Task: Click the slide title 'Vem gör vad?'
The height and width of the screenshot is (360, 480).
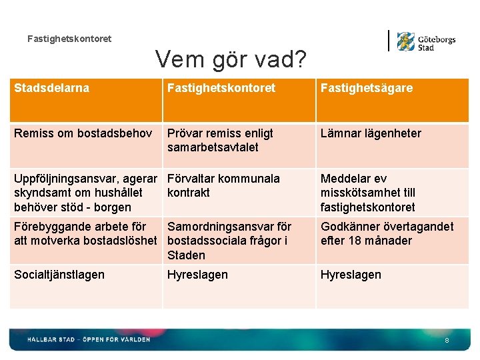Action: click(x=231, y=60)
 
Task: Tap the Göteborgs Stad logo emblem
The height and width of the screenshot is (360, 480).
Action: click(x=405, y=41)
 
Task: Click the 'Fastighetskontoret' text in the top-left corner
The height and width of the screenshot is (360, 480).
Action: click(x=69, y=39)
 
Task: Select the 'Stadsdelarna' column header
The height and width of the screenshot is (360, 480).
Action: click(x=52, y=88)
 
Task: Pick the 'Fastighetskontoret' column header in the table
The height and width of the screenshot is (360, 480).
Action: click(x=221, y=88)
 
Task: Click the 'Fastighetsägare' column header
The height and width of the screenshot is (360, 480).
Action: click(x=366, y=88)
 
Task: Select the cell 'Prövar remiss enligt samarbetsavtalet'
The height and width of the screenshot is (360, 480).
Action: click(x=220, y=140)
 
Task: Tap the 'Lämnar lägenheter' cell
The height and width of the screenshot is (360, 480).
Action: click(x=371, y=133)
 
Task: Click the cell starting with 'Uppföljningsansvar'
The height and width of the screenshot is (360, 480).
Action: click(x=85, y=193)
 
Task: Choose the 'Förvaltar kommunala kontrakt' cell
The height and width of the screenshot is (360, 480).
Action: click(x=223, y=185)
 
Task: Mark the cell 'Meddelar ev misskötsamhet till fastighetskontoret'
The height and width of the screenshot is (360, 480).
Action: click(x=368, y=193)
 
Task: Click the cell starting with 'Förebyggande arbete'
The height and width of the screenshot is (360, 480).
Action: click(x=85, y=233)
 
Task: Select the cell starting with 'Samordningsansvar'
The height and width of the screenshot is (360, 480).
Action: click(x=229, y=241)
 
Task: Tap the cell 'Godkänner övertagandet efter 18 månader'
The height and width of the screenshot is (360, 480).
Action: click(x=387, y=233)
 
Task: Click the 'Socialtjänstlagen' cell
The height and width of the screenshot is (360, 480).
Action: click(x=59, y=275)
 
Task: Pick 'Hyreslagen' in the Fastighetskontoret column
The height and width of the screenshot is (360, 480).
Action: click(x=197, y=275)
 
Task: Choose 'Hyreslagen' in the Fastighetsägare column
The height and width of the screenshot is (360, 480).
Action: click(x=351, y=275)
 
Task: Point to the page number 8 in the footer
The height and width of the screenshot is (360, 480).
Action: click(x=447, y=341)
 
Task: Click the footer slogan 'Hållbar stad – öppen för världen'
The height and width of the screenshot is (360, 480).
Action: click(x=89, y=339)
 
